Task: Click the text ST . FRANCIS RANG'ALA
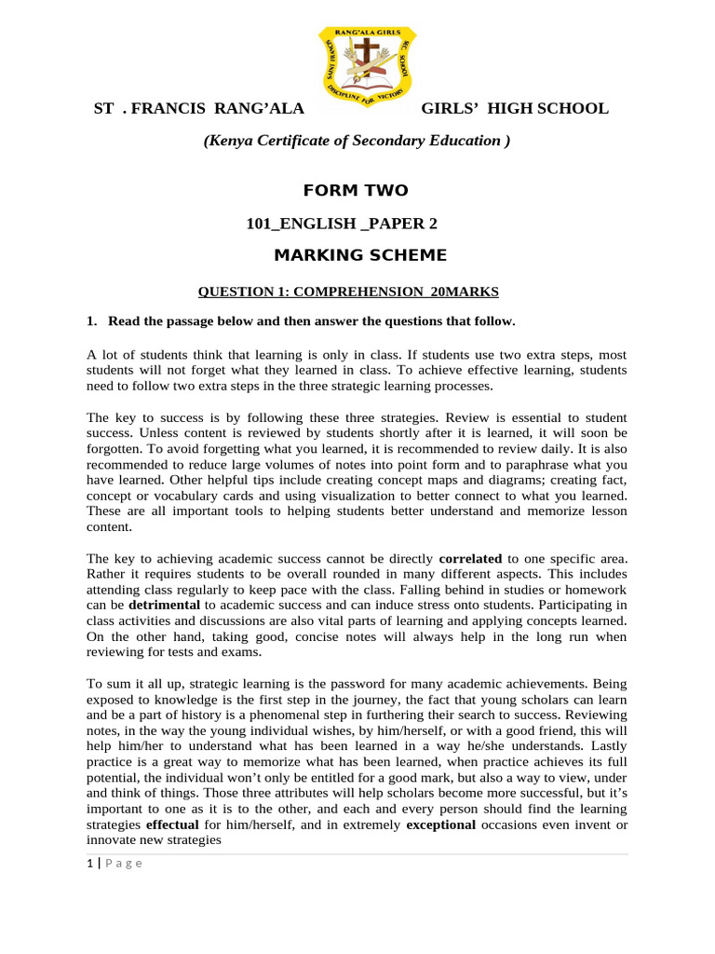[199, 108]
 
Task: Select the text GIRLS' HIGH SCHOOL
[515, 108]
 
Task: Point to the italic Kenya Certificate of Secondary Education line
[357, 141]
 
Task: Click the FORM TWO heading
[356, 191]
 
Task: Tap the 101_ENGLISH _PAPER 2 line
[341, 224]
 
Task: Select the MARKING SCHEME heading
[359, 255]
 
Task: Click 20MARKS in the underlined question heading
[465, 292]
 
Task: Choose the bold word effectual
[171, 825]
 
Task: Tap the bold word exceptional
[441, 825]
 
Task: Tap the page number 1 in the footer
[89, 863]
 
